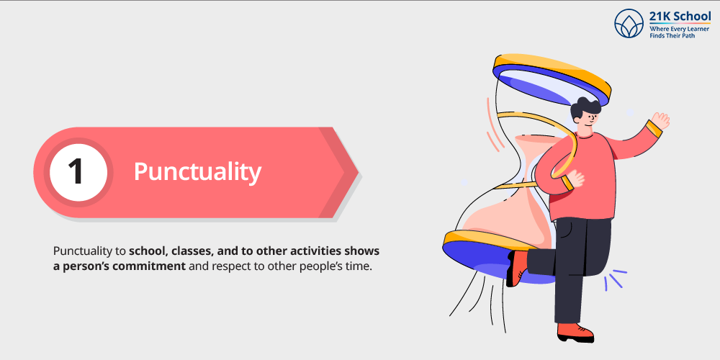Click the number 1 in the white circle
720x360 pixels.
76,172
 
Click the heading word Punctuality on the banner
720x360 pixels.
197,172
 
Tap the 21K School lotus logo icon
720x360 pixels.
629,24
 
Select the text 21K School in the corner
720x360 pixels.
680,17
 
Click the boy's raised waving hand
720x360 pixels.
660,120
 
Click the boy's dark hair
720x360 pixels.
585,108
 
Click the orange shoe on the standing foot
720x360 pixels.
575,332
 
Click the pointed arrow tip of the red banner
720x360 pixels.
358,173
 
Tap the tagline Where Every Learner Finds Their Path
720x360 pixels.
679,32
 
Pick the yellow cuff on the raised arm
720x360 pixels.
654,128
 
